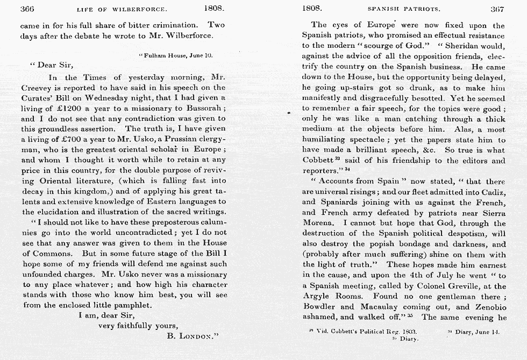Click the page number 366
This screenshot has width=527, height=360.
pos(27,9)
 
